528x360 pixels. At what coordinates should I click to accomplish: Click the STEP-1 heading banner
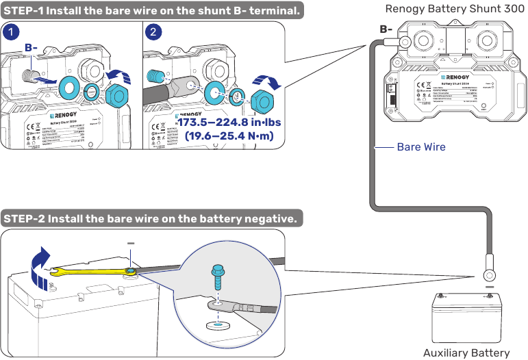click(152, 10)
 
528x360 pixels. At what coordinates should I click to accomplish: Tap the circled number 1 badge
click(10, 31)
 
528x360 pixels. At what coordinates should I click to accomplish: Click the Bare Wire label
click(420, 147)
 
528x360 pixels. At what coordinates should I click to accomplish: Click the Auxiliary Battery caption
click(466, 352)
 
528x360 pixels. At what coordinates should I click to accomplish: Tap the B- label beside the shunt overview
click(386, 29)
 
